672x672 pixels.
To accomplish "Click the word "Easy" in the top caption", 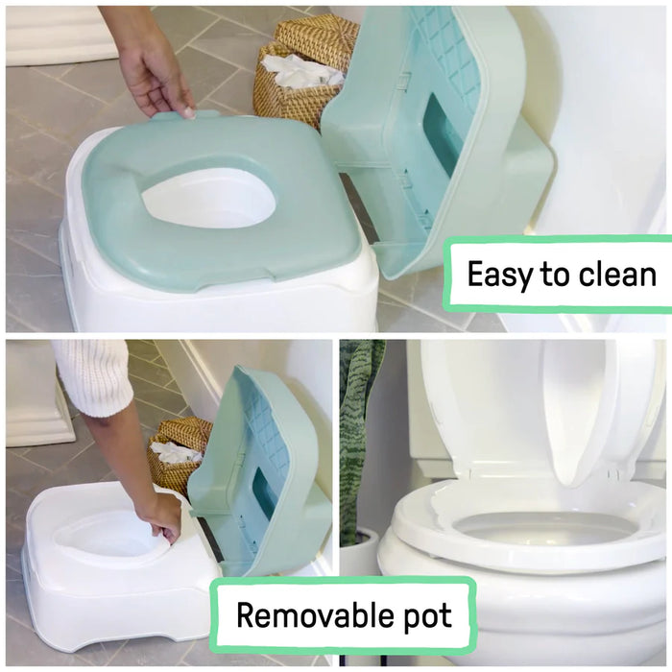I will tap(499, 275).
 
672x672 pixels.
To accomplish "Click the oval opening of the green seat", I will tap(208, 198).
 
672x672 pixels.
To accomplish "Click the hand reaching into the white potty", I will tap(160, 514).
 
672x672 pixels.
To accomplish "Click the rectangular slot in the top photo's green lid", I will tap(444, 134).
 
